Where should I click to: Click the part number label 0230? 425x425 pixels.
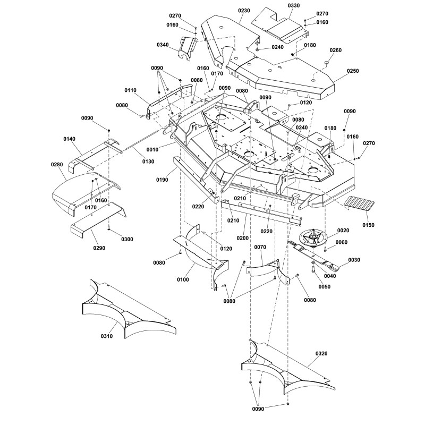tap(244, 11)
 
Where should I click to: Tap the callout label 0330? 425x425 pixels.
tap(294, 6)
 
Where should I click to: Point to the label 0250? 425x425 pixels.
tap(353, 71)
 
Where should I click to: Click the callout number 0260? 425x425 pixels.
tap(336, 50)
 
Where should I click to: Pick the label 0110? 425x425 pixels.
tap(131, 91)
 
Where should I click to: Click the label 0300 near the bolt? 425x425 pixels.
tap(127, 239)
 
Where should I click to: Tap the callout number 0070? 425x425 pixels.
tap(260, 247)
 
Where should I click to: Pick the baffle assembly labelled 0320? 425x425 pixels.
tap(287, 367)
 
